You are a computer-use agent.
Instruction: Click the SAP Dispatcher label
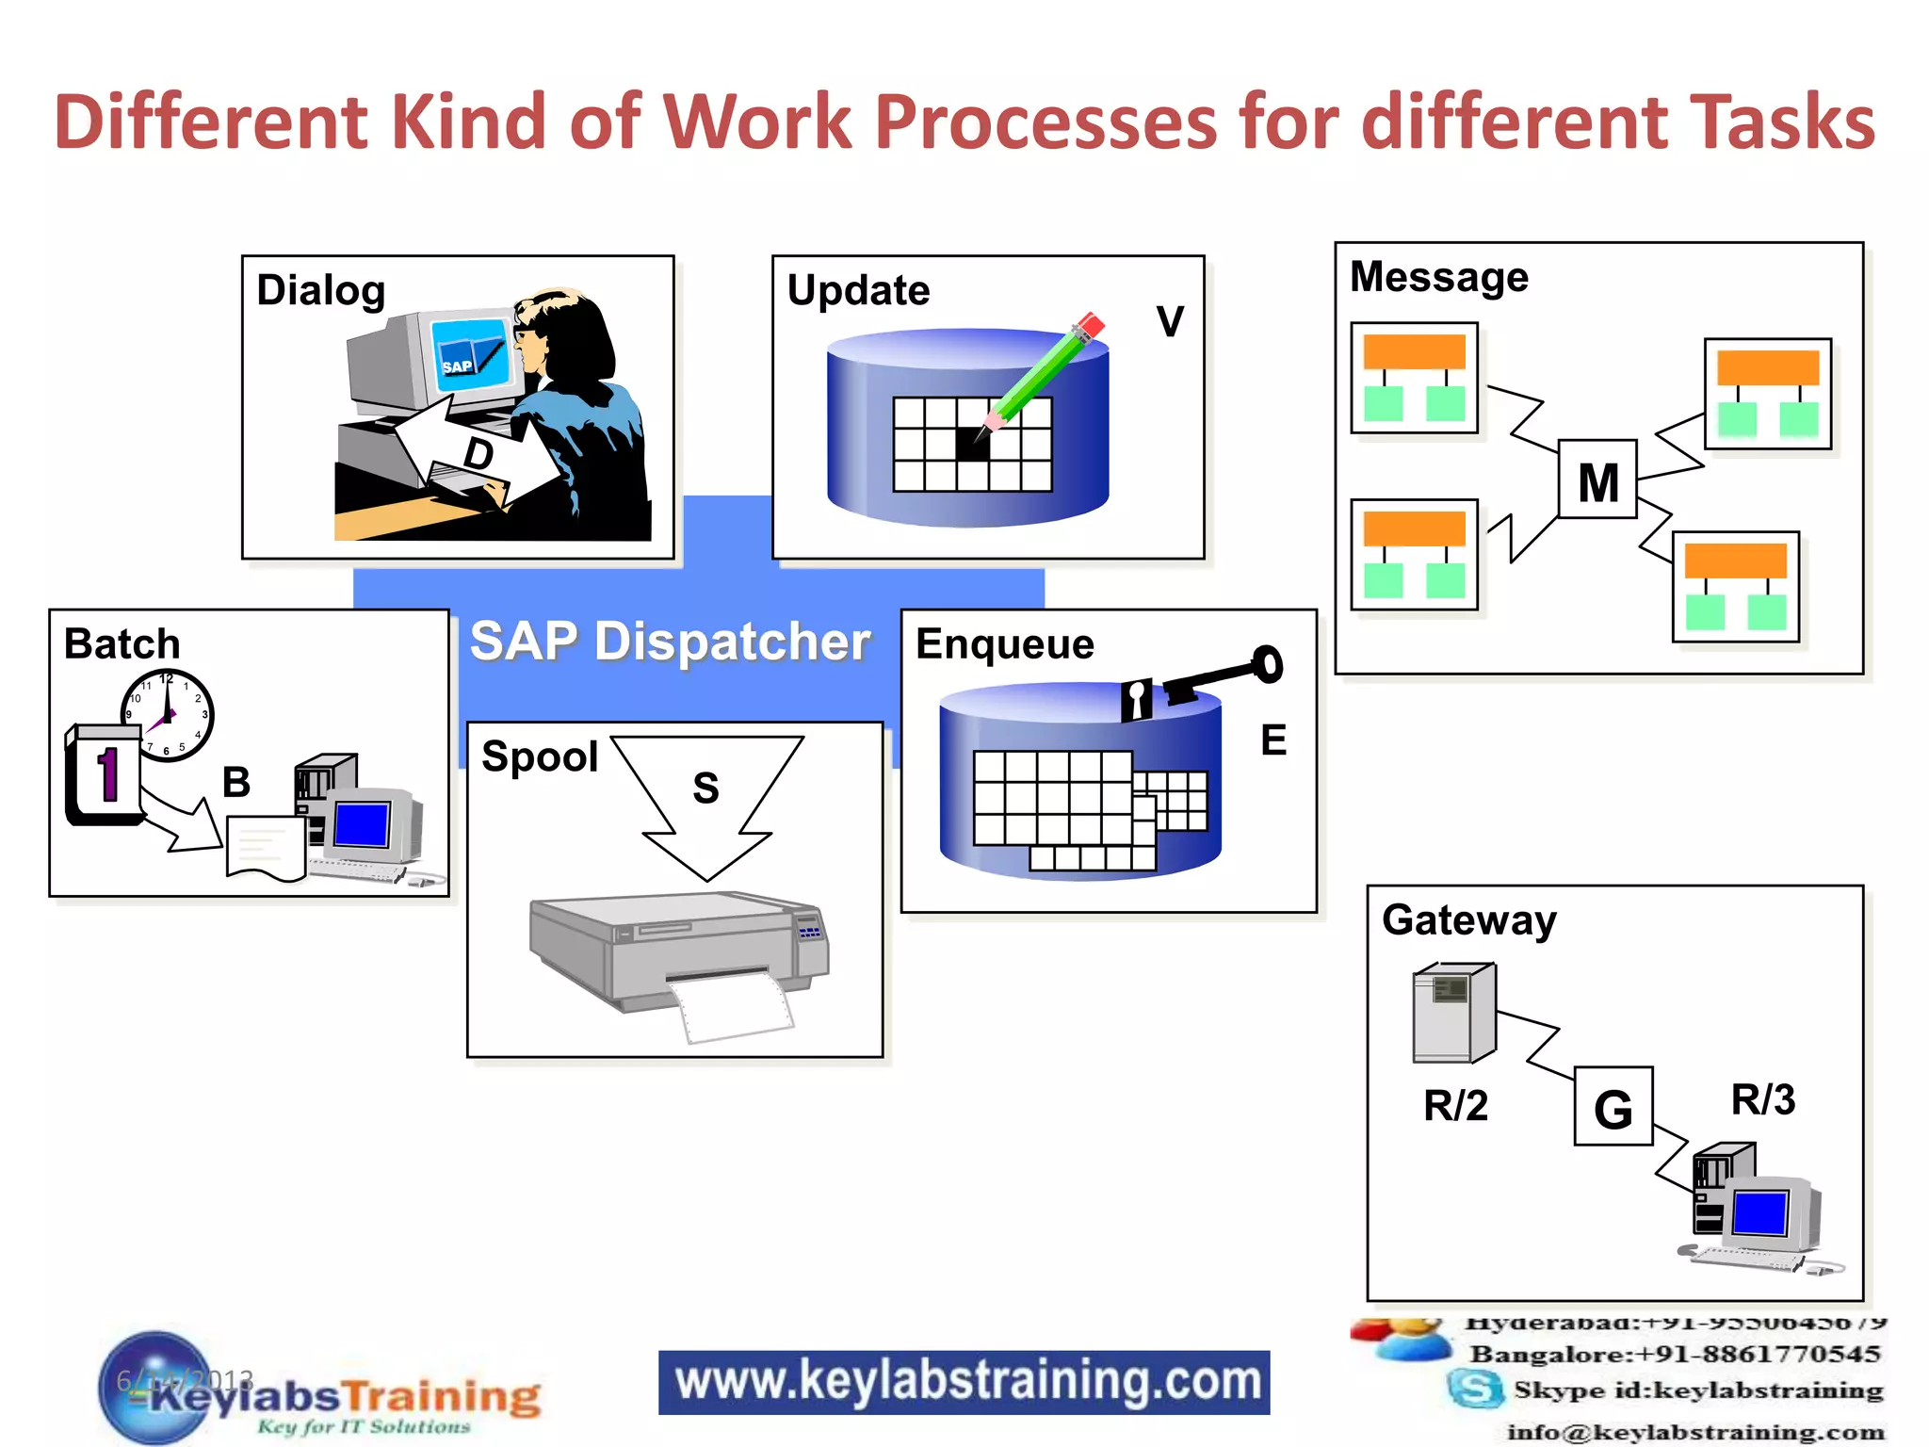670,642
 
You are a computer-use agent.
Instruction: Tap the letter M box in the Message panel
1597,480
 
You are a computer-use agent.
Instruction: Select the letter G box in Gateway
1613,1107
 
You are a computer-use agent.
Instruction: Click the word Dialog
320,290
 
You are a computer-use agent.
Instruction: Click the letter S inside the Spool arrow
705,788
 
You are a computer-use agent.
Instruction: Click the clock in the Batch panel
168,715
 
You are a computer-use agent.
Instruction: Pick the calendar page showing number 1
104,774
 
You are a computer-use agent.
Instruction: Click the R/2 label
1455,1106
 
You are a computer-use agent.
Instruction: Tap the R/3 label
1762,1100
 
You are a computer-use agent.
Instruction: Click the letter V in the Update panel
1170,321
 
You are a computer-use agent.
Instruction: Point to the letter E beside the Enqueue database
1273,740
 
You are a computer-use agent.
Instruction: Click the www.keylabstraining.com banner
964,1382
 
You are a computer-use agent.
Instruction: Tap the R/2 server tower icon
1453,1013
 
